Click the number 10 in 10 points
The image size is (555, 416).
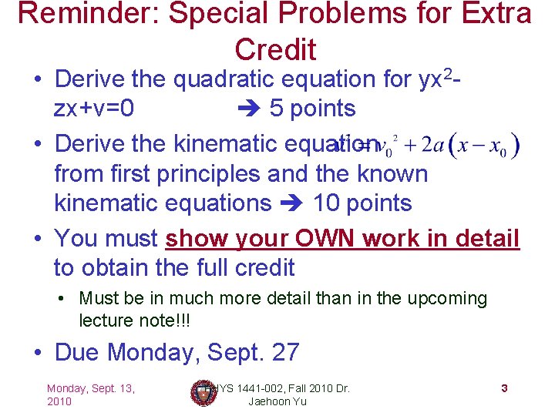(x=328, y=204)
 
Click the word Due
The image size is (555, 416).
(x=78, y=353)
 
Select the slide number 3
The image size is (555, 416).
(x=503, y=388)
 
